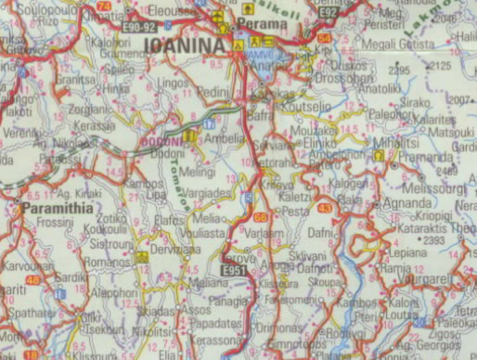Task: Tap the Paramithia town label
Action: [58, 209]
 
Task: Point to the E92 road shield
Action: [328, 11]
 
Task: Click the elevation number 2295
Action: [400, 71]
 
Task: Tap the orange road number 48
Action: [33, 278]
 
